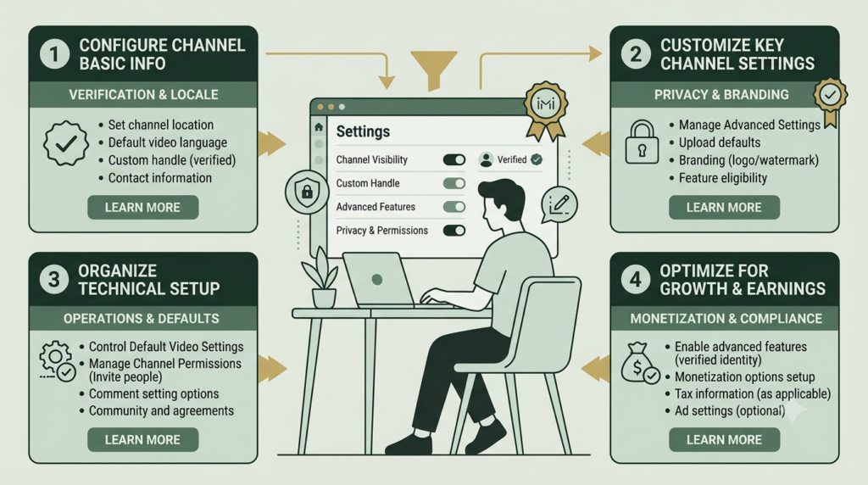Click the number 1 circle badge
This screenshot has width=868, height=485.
(54, 54)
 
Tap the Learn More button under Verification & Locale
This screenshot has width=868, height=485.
(142, 208)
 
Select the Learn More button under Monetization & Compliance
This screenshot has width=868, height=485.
(724, 439)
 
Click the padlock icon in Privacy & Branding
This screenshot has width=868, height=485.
(642, 142)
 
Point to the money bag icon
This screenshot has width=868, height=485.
(639, 363)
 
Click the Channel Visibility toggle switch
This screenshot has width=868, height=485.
(454, 160)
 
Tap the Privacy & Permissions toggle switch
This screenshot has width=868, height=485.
(454, 231)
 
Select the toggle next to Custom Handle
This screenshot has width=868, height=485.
(454, 183)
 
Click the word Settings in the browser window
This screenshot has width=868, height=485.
(363, 131)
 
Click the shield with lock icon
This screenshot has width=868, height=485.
(307, 192)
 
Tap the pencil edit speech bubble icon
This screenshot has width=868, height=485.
(559, 205)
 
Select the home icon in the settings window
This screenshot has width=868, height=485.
(319, 127)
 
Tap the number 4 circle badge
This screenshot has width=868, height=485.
(636, 279)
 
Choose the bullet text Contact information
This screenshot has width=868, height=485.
(160, 178)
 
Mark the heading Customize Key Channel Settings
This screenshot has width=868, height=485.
(737, 54)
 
